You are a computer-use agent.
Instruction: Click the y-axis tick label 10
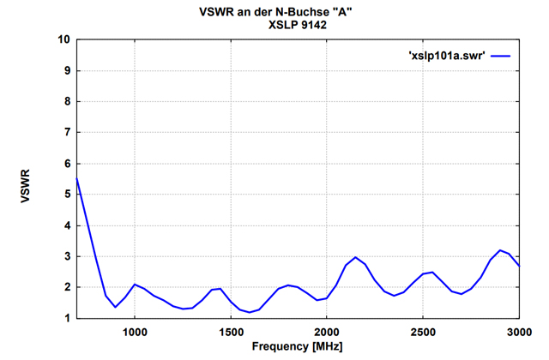pos(64,39)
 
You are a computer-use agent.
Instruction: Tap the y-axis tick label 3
pos(68,256)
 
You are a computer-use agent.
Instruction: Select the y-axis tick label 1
pos(68,318)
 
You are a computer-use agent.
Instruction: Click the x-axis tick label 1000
pos(135,332)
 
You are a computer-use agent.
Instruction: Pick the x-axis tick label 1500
pos(231,332)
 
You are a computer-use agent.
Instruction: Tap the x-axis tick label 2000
pos(327,332)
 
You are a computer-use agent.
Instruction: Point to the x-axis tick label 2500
pos(423,332)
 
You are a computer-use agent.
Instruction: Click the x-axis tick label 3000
pos(518,332)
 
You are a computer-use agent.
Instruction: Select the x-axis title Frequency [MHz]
pos(298,347)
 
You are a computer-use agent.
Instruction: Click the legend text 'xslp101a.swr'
pos(446,55)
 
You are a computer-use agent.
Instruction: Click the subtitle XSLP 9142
pos(298,25)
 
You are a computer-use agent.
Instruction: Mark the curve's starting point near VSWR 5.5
pos(77,178)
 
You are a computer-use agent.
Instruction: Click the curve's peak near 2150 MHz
pos(355,257)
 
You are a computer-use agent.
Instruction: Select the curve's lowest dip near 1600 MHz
pos(250,312)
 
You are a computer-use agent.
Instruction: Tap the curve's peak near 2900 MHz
pos(499,250)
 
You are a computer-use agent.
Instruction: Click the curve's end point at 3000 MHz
pos(518,266)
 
